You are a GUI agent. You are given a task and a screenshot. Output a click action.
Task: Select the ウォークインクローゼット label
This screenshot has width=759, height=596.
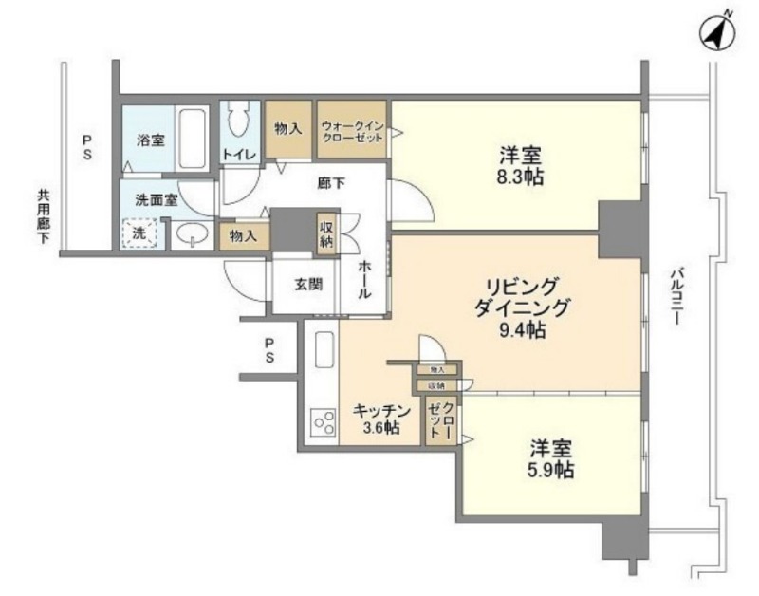(x=352, y=131)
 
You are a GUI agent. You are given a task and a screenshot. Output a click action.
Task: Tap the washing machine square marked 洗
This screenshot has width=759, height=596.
(x=139, y=233)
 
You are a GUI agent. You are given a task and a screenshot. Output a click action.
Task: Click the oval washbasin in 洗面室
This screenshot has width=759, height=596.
(x=193, y=234)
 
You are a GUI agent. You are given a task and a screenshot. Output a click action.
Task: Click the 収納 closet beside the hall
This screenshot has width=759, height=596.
(x=326, y=234)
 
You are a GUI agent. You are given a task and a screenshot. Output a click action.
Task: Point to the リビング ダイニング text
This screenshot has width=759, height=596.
(x=523, y=296)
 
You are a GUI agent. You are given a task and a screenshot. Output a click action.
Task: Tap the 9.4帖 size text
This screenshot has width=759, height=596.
(x=522, y=330)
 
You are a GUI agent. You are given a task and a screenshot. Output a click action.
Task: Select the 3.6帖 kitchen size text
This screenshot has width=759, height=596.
(x=379, y=428)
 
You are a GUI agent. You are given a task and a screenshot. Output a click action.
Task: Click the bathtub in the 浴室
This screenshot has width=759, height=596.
(x=194, y=138)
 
